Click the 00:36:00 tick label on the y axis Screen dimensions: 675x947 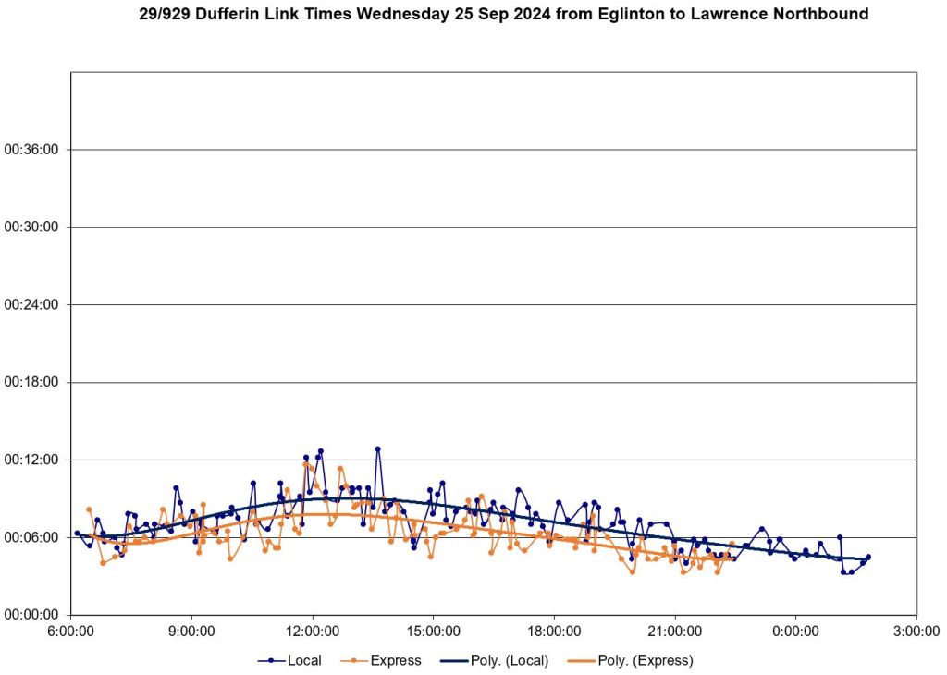coord(31,150)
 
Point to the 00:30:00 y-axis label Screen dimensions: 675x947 coord(31,227)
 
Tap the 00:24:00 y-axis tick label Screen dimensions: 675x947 coord(31,305)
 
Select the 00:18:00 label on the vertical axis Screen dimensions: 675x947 coord(31,382)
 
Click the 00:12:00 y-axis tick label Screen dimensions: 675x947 coord(31,460)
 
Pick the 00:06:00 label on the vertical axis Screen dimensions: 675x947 coord(31,537)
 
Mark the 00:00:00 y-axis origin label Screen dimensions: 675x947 coord(31,614)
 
